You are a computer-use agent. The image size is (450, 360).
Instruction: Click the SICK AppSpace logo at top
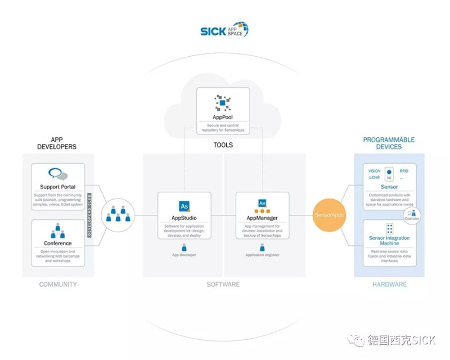(224, 30)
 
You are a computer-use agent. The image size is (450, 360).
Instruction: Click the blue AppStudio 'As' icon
(184, 205)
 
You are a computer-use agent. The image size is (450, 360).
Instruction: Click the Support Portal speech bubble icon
(58, 174)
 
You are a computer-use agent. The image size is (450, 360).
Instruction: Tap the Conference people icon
(58, 231)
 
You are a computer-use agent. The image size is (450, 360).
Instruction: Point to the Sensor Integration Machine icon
(389, 229)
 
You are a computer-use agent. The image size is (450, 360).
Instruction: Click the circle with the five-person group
(118, 215)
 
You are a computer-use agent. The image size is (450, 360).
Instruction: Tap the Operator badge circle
(412, 214)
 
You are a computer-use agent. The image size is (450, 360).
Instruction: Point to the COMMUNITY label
(58, 285)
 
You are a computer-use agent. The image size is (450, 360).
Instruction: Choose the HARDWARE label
(389, 285)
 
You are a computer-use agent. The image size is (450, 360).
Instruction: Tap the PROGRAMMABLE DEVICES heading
(389, 143)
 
